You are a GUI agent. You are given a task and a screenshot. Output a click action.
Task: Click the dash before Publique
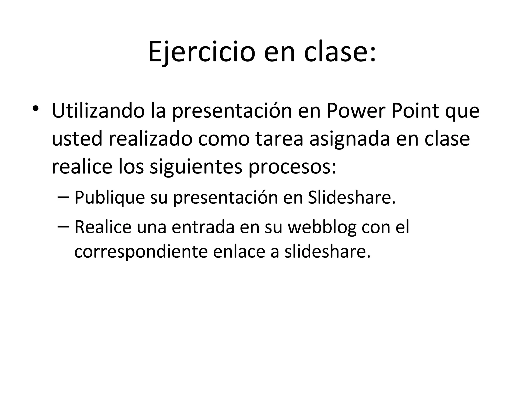[x=64, y=197]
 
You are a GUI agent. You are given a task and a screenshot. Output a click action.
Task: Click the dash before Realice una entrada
[x=64, y=227]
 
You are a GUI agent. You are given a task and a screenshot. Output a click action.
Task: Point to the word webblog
[x=322, y=227]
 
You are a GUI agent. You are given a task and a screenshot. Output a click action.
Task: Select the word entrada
[x=203, y=227]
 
